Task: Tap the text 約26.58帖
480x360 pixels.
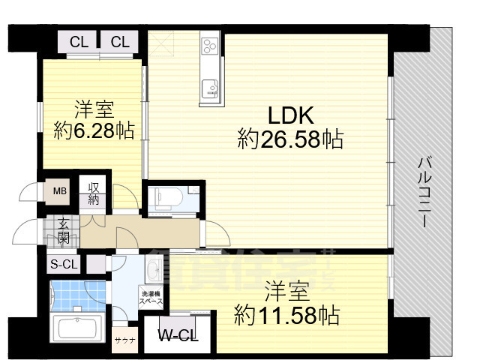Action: pyautogui.click(x=290, y=139)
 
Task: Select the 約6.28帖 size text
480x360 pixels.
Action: pyautogui.click(x=94, y=131)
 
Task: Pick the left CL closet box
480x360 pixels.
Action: pyautogui.click(x=79, y=41)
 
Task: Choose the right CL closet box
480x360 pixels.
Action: pyautogui.click(x=120, y=41)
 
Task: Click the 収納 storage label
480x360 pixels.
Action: pyautogui.click(x=94, y=193)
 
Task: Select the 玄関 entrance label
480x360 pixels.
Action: pyautogui.click(x=64, y=231)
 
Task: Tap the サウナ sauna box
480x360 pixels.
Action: pyautogui.click(x=124, y=340)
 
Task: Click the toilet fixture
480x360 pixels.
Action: pyautogui.click(x=166, y=198)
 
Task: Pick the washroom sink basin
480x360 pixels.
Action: pyautogui.click(x=152, y=269)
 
